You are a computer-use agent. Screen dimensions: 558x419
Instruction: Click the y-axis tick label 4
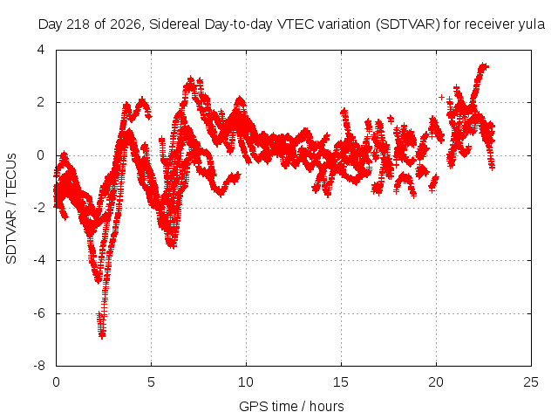coord(41,50)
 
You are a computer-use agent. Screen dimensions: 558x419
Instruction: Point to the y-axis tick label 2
coord(41,102)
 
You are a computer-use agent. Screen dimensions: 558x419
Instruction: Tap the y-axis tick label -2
coord(39,208)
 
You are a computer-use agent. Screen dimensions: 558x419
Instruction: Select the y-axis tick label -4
coord(39,260)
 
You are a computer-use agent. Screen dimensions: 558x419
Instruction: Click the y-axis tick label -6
coord(39,313)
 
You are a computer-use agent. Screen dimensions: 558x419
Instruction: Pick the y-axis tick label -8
coord(39,366)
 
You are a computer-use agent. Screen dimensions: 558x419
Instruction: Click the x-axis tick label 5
coord(151,382)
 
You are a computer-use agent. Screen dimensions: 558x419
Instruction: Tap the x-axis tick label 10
coord(246,382)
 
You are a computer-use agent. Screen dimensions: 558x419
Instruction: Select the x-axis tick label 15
coord(341,382)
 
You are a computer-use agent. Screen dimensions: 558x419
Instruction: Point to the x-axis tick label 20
coord(436,382)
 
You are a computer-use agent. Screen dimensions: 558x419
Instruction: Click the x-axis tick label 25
coord(531,382)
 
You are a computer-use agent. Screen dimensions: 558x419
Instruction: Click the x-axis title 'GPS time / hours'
coord(291,407)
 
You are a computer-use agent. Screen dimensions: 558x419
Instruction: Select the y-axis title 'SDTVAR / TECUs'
coord(11,209)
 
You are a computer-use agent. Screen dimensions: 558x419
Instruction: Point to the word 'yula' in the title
coord(532,25)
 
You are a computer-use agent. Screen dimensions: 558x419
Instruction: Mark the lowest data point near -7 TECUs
coord(102,335)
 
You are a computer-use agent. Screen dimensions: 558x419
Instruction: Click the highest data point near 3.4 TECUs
coord(483,65)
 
